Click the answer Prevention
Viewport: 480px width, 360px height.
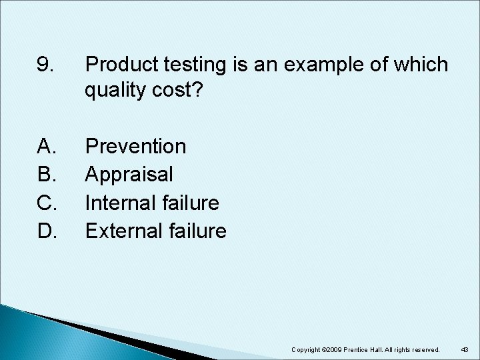(136, 145)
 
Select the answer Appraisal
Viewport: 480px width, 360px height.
(130, 174)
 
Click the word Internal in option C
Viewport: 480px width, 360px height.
(120, 202)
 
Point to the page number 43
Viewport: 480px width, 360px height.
(465, 350)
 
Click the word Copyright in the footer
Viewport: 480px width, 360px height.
(308, 350)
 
